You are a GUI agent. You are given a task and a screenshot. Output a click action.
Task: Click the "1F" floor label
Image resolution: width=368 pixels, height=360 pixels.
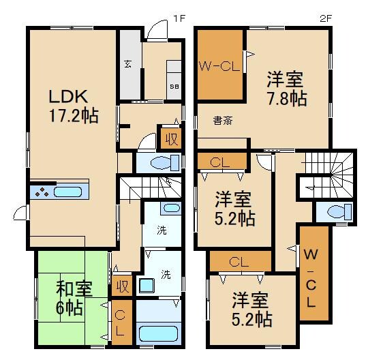coord(178,18)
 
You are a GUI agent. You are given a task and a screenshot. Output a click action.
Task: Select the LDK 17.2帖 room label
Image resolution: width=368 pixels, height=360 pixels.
coord(72,105)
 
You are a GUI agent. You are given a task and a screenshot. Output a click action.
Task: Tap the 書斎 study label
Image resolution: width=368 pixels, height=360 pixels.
coord(222,121)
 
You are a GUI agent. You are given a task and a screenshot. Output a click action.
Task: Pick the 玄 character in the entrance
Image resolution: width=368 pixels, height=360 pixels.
coord(127,65)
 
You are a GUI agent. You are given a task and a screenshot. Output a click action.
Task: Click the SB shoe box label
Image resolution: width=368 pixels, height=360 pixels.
coord(173,86)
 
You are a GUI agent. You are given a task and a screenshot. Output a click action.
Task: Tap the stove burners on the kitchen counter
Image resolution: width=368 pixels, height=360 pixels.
coord(42,192)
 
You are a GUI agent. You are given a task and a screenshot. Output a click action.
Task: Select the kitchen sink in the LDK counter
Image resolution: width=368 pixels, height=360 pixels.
coord(67,192)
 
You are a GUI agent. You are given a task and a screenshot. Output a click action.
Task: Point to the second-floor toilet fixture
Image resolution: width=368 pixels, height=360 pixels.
coord(334,212)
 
